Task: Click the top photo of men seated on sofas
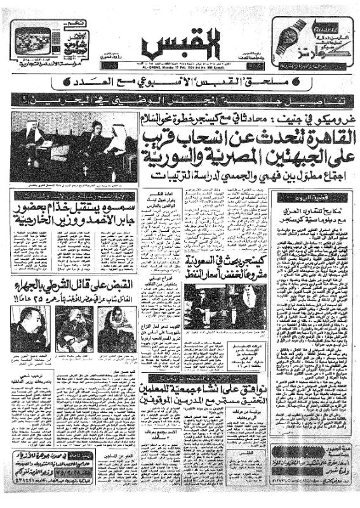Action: [x=74, y=147]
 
